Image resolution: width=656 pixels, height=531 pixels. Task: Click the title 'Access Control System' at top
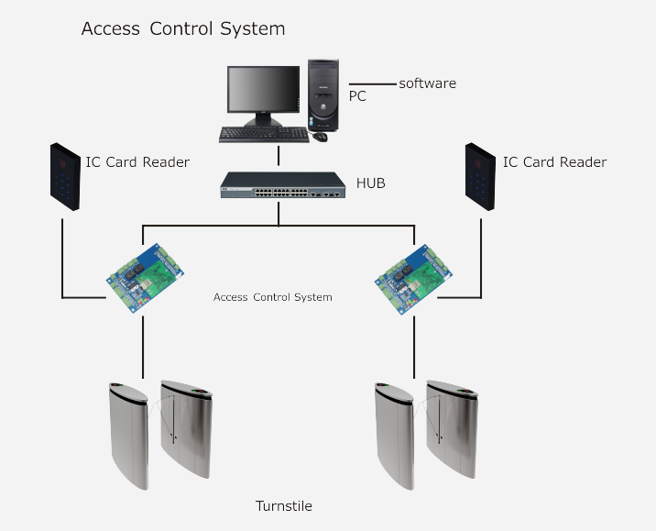point(183,28)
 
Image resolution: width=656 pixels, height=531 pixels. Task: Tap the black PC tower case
point(325,96)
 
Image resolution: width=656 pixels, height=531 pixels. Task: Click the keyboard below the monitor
point(263,134)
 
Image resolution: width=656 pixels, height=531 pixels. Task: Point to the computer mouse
point(320,137)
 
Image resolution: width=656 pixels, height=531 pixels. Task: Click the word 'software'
point(427,83)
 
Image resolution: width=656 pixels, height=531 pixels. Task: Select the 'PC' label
point(357,95)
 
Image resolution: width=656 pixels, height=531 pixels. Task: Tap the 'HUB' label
point(371,183)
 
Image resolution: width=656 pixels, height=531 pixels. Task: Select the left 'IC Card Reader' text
point(137,162)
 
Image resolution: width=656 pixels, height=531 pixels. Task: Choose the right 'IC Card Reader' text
point(554,162)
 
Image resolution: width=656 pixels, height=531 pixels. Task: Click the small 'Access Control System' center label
point(272,297)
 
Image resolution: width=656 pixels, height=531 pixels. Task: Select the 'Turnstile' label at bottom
point(284,505)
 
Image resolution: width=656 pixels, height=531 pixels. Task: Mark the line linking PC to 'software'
point(372,84)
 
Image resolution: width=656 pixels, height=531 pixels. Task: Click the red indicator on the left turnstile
point(115,384)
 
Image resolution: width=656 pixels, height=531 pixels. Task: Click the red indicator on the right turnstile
point(381,384)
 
